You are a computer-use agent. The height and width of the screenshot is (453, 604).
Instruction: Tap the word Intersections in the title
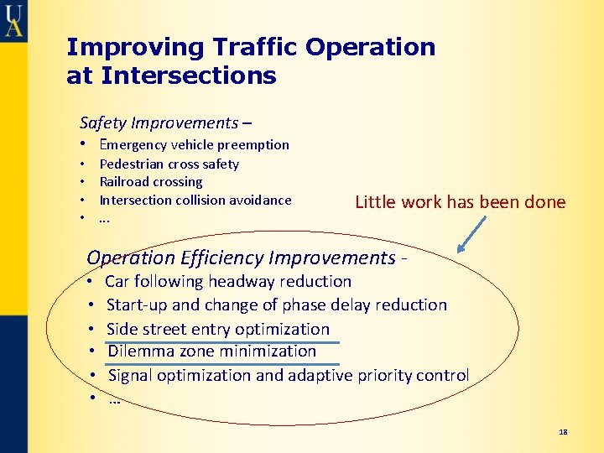188,76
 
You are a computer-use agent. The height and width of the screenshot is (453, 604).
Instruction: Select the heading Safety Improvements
159,122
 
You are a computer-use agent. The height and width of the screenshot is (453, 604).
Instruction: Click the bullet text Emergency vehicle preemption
194,144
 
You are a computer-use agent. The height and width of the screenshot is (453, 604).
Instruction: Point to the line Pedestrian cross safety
169,164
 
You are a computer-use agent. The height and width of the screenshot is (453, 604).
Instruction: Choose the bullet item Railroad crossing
151,182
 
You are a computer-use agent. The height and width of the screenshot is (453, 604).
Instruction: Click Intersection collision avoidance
195,200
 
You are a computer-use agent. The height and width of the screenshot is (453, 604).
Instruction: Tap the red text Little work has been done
460,202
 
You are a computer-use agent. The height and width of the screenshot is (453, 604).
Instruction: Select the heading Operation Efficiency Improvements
241,258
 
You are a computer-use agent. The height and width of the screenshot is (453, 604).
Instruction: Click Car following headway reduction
228,281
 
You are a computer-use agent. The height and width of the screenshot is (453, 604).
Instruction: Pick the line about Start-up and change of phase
277,305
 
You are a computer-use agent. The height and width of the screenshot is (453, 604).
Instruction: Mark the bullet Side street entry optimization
218,329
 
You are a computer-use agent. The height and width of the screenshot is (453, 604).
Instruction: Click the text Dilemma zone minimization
212,351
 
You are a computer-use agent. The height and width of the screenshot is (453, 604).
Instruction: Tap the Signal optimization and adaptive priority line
288,375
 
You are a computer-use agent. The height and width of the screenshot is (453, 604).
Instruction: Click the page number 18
563,432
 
